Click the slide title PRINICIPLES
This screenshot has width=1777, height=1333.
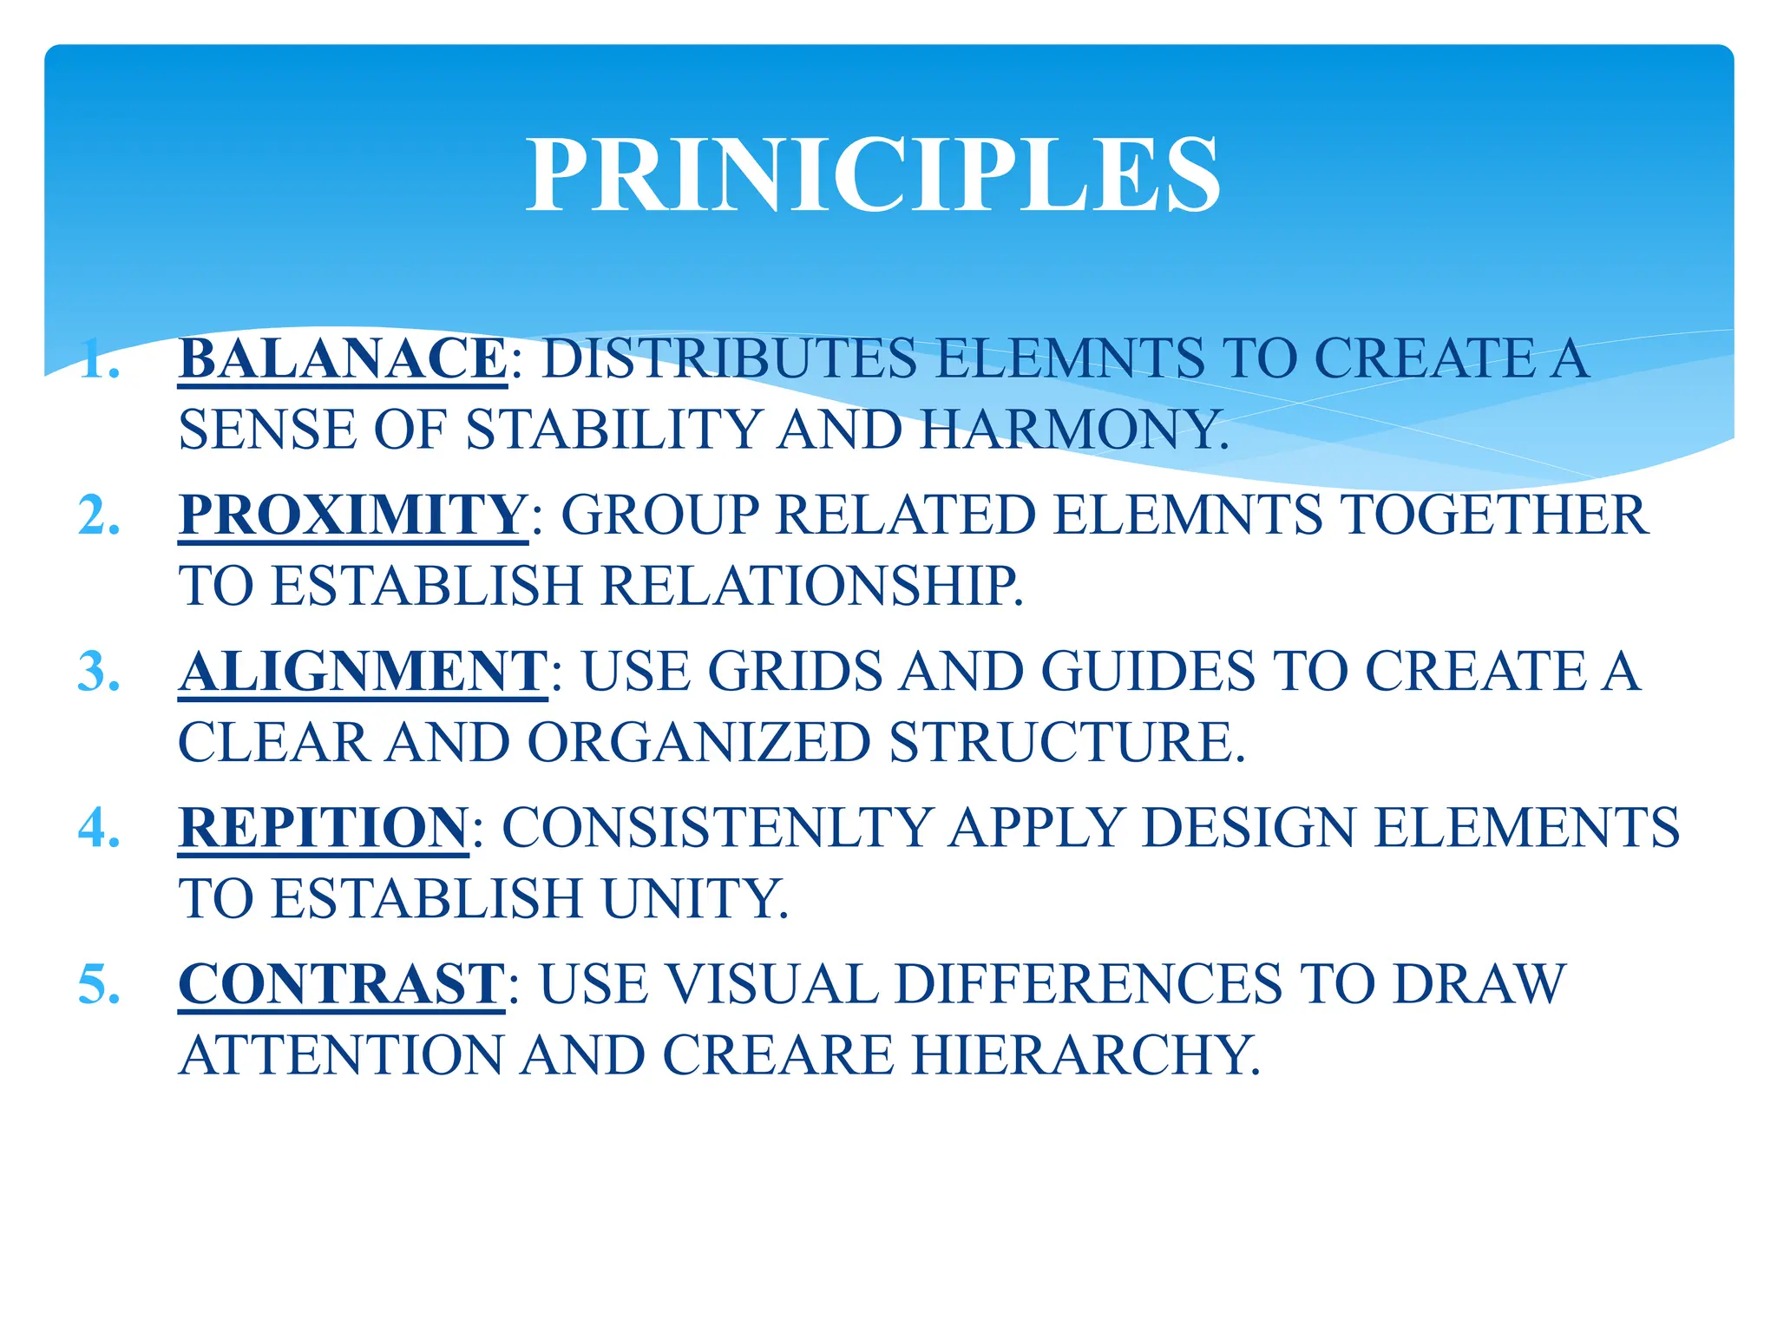coord(874,176)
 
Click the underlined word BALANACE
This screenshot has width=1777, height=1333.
coord(343,358)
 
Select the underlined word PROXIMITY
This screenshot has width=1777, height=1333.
coord(353,515)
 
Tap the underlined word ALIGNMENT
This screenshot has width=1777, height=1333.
coord(363,671)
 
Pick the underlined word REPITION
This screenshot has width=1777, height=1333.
coord(323,827)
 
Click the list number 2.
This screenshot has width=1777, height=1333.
coord(98,515)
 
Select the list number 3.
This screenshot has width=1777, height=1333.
coord(98,671)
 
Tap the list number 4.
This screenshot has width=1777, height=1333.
coord(98,827)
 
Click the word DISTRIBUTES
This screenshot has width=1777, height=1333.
coord(729,358)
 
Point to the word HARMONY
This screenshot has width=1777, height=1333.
coord(1074,430)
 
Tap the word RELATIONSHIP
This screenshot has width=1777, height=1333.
coord(812,586)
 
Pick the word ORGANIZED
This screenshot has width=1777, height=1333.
coord(698,743)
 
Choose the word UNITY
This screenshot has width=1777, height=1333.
coord(695,898)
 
